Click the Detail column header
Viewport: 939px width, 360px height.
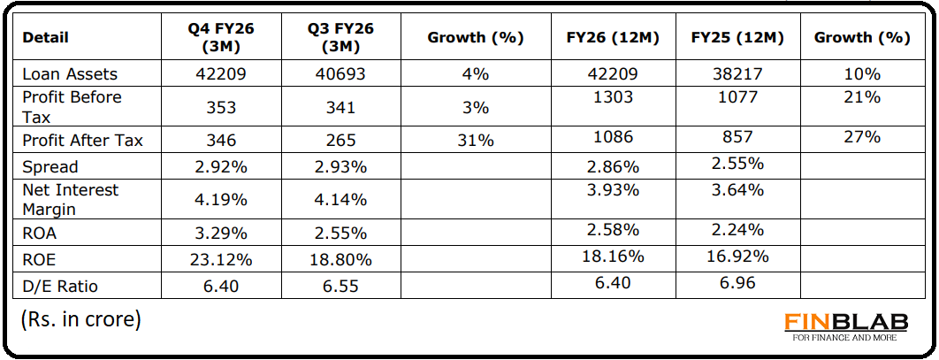(x=45, y=38)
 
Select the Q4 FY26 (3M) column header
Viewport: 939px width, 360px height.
(x=220, y=38)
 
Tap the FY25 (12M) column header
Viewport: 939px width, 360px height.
(x=737, y=38)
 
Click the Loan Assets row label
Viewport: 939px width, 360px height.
(x=70, y=74)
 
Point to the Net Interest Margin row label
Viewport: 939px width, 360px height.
(x=70, y=200)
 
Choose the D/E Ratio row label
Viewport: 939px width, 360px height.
(x=61, y=286)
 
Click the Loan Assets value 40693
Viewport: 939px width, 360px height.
(x=340, y=74)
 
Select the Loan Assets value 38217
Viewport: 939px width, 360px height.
(x=737, y=74)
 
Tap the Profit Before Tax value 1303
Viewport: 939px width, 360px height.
(x=614, y=97)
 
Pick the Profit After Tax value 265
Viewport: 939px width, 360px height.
(x=340, y=140)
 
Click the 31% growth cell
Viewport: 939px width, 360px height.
(x=475, y=140)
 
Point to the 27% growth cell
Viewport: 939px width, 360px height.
(x=861, y=136)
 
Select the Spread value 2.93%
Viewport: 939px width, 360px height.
(x=340, y=167)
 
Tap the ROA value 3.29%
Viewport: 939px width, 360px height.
(x=220, y=234)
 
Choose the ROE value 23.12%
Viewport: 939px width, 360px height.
(x=220, y=260)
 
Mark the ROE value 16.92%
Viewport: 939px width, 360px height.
(x=737, y=257)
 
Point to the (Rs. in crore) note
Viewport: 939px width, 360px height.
(x=80, y=319)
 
